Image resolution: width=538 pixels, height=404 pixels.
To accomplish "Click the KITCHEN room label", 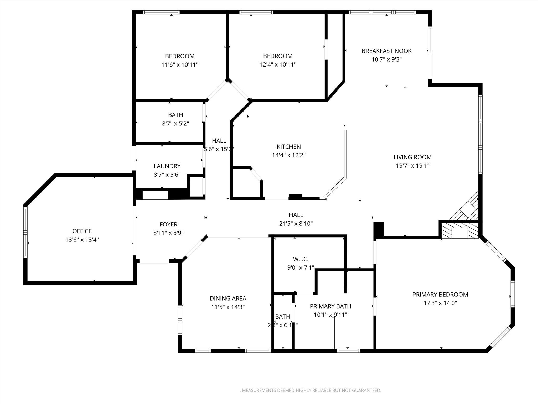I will coord(288,147).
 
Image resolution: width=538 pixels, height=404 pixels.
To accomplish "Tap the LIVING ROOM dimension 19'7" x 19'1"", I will coord(412,166).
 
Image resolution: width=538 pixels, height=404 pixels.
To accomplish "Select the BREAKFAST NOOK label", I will coord(386,51).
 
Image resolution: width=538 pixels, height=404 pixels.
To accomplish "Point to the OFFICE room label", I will coord(82,231).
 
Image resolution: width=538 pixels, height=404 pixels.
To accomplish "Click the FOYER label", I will coord(168,224).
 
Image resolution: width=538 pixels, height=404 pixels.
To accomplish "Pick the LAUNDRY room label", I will coord(167,166).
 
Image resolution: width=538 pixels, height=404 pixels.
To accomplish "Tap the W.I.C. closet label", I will coord(301,259).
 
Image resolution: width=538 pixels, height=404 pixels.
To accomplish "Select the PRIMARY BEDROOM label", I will coord(440,295).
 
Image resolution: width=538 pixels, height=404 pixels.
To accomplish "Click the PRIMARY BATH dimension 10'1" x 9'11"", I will coord(330,315).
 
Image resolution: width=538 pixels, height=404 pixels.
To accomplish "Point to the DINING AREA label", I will coord(228,299).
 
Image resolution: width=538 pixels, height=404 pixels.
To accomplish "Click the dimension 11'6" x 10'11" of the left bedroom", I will coord(180,65).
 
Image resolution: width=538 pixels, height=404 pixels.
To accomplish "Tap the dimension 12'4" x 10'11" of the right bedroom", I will coord(278,65).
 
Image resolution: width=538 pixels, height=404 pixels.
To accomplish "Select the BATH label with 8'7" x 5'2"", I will coord(175,115).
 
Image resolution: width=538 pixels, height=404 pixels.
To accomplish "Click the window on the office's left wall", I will coord(25,232).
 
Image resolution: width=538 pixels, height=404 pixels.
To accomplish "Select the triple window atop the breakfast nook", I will coord(382,12).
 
